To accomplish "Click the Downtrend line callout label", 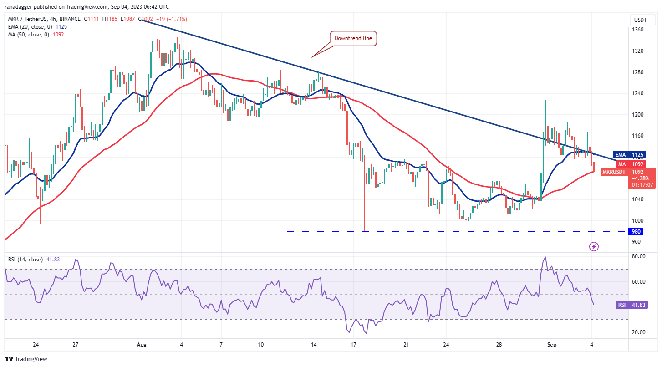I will click(x=353, y=38).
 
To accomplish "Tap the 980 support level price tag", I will click(x=636, y=232).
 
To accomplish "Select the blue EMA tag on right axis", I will click(x=620, y=154).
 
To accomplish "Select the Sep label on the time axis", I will click(x=550, y=345).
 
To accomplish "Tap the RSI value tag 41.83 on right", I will click(x=636, y=305).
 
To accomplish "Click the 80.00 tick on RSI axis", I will click(x=639, y=256).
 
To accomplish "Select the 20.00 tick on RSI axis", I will click(x=639, y=332).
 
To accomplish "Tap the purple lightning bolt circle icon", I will click(x=594, y=247).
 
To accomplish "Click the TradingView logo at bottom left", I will click(x=26, y=359).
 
